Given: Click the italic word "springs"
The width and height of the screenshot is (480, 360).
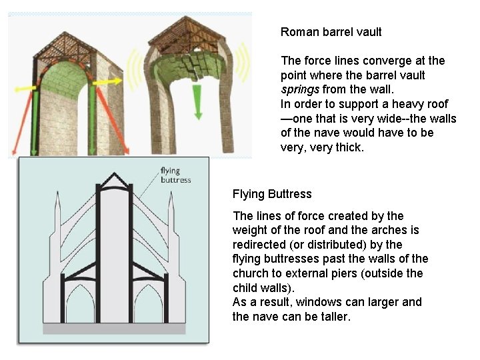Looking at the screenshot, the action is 300,89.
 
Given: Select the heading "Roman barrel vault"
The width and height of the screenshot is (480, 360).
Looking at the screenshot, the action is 331,31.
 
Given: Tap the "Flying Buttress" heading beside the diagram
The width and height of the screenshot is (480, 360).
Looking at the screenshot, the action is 272,194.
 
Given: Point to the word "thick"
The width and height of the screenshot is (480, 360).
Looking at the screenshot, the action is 348,147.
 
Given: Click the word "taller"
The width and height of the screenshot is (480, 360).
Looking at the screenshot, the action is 332,317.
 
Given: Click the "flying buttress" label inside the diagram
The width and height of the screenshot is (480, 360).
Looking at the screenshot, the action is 175,175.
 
